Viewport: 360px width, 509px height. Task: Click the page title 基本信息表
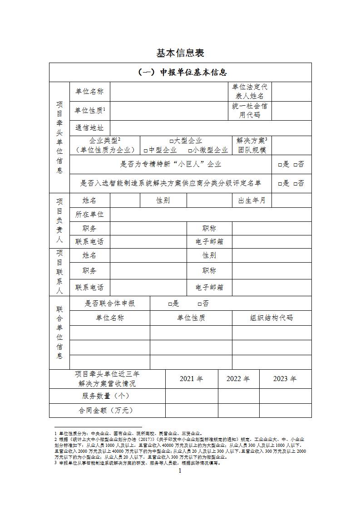[x=180, y=53]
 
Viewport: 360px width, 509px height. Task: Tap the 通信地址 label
[x=89, y=128]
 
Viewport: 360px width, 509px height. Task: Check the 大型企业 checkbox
[x=172, y=141]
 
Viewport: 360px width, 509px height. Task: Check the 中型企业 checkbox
[x=146, y=150]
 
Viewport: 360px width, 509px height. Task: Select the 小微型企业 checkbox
[x=190, y=150]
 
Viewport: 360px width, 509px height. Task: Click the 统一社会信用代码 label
[x=250, y=110]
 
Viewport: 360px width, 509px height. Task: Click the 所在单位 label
[x=89, y=214]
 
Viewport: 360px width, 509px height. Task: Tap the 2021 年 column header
[x=191, y=379]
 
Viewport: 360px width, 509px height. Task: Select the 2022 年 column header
[x=238, y=379]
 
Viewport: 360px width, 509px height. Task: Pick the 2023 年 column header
[x=285, y=379]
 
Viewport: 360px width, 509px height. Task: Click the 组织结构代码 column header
[x=271, y=318]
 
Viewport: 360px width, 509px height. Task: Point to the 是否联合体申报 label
[x=110, y=303]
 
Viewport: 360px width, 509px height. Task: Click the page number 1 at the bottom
[x=180, y=471]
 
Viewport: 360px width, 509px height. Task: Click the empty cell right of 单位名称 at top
[x=168, y=91]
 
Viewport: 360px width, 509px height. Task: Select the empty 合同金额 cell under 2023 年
[x=285, y=410]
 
